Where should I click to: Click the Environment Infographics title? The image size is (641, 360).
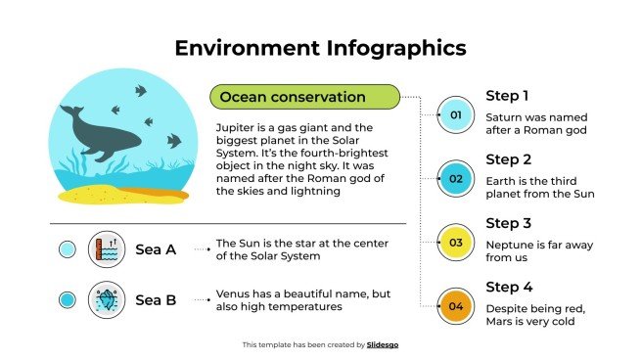[320, 47]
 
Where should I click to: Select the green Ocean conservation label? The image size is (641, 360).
[304, 96]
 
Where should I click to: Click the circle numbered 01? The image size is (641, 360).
[455, 115]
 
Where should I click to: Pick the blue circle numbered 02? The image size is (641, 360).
[455, 179]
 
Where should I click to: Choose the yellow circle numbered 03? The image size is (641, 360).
[455, 243]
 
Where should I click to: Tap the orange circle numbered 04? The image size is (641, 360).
[455, 306]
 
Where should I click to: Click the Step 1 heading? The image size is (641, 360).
[508, 96]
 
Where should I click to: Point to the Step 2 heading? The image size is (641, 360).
[509, 159]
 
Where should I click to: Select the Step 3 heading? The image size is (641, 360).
[509, 223]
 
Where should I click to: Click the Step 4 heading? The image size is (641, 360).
[509, 287]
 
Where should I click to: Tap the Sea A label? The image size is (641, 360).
[155, 249]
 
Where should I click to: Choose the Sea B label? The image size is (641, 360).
[155, 300]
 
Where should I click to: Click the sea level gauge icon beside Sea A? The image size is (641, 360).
[107, 249]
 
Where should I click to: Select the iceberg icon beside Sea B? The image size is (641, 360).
[107, 300]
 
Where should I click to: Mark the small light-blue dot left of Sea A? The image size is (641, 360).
[68, 249]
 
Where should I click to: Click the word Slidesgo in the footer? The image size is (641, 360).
[383, 344]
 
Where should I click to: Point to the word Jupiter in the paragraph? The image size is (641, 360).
[234, 128]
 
